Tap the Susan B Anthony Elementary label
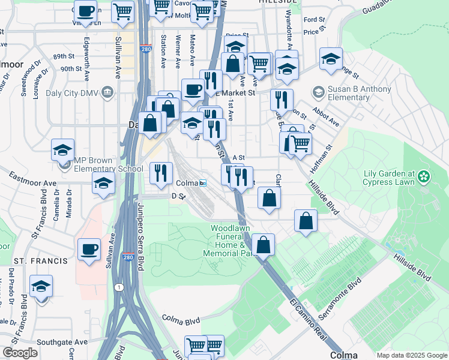coord(351,94)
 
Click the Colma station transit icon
coord(203,183)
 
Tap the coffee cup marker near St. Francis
coord(89,249)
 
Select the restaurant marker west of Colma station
coord(160,173)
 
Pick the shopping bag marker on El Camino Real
coord(263,245)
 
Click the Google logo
coord(20,353)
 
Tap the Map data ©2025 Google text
coord(412,355)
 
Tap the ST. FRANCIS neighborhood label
coord(41,261)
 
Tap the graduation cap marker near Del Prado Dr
coord(41,286)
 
